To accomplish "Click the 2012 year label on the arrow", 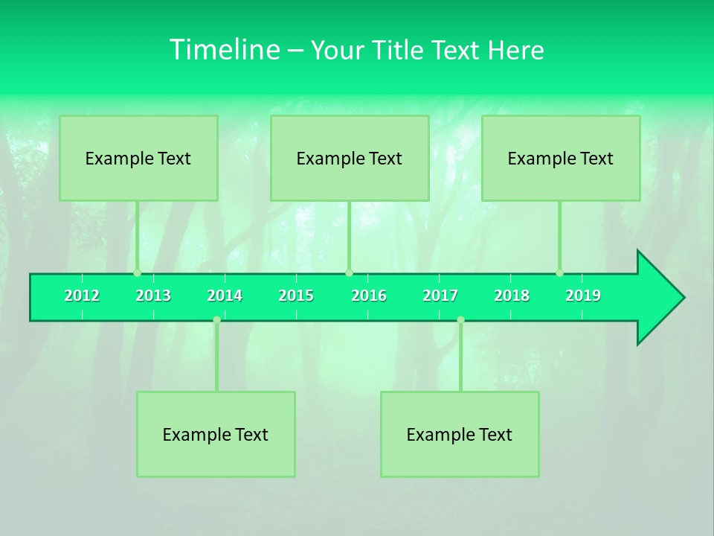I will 82,296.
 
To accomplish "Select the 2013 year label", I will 153,296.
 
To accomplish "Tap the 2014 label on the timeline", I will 225,296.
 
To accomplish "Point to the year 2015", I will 296,296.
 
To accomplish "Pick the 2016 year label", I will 369,296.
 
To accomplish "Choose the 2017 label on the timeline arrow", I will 440,296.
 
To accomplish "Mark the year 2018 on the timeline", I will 512,296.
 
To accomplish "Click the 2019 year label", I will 583,296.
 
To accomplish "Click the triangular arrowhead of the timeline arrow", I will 659,298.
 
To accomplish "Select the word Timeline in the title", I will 223,50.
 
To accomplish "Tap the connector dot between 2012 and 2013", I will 137,273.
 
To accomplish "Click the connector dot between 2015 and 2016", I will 349,273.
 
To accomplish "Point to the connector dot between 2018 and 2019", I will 559,273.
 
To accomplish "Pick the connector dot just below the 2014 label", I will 216,320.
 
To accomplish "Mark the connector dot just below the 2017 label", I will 460,320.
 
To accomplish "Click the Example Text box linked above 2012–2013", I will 138,158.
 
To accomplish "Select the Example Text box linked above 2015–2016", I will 350,158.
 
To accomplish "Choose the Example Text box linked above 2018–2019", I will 561,158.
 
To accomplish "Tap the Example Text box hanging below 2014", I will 216,434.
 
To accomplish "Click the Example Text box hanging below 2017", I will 460,434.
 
